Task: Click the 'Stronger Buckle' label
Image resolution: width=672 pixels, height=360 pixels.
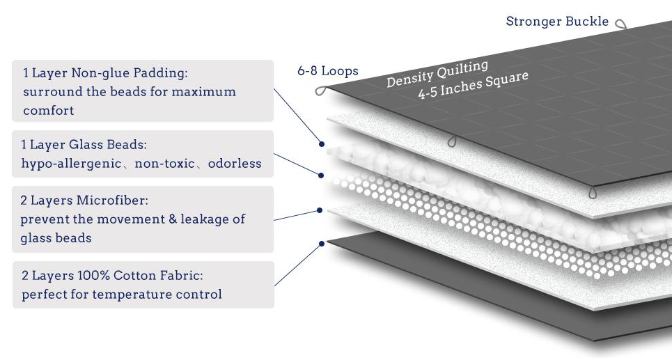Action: (556, 22)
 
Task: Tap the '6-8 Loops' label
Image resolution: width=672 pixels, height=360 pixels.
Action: (327, 71)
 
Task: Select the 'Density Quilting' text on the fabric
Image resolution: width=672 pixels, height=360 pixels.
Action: (437, 73)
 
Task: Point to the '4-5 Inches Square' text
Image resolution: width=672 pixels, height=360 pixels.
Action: (474, 85)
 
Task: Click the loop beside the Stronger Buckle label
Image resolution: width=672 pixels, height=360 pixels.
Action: (620, 24)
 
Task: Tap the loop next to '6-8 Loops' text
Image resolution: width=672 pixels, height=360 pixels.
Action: (321, 91)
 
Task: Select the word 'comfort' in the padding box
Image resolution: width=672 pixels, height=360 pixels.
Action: (48, 110)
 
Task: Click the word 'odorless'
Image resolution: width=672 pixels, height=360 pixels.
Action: (235, 164)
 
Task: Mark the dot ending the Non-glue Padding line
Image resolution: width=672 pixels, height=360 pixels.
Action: (322, 144)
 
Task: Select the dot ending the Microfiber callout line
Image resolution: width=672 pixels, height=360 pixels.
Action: (320, 210)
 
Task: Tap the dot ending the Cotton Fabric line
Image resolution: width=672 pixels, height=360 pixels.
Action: (322, 244)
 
